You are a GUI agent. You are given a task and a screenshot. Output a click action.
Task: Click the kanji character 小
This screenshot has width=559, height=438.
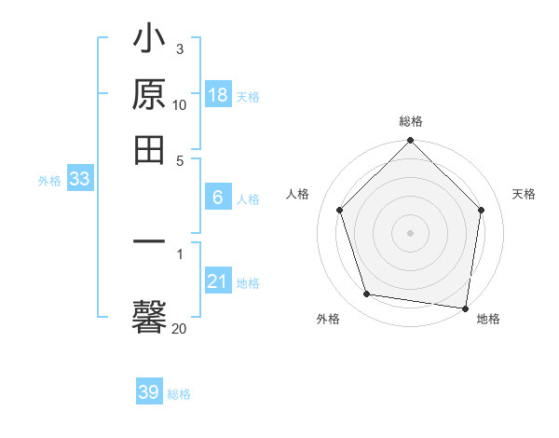coord(150,43)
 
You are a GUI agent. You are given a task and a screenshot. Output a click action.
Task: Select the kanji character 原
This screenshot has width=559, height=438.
coord(150,96)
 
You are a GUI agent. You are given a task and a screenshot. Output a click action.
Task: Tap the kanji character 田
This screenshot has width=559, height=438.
coord(150,149)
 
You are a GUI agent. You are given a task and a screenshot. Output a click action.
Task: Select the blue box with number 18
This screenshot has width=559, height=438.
coord(217,95)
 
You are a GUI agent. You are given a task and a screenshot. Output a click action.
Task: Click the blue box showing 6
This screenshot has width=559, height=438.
coord(217,198)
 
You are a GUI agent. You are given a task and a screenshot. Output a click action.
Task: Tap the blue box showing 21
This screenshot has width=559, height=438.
coord(217,281)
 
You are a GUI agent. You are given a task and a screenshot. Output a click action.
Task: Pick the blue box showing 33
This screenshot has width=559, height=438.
coord(79,180)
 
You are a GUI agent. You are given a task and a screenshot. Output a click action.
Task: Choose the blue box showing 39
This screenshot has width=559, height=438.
coord(149,392)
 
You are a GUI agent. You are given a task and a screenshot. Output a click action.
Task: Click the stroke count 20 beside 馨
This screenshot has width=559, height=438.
coord(180,328)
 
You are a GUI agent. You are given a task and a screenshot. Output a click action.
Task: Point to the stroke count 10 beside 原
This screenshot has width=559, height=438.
coord(180,105)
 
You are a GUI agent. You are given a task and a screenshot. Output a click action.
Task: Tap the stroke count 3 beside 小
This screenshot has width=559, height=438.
coord(180,48)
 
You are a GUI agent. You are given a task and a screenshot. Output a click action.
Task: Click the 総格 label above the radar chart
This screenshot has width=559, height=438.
coord(411,121)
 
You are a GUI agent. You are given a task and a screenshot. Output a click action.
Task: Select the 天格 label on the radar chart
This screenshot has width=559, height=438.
coord(525,194)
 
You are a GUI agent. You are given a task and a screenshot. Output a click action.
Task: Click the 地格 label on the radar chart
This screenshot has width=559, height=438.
coord(488,319)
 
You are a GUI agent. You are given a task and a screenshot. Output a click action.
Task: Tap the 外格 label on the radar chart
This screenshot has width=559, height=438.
coord(328,319)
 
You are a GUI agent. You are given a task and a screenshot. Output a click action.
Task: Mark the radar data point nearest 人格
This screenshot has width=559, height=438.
coord(340,210)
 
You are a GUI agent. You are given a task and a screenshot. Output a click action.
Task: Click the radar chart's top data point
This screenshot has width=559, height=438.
coord(410,142)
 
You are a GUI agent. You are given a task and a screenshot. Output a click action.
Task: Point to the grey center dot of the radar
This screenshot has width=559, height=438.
coord(410,232)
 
